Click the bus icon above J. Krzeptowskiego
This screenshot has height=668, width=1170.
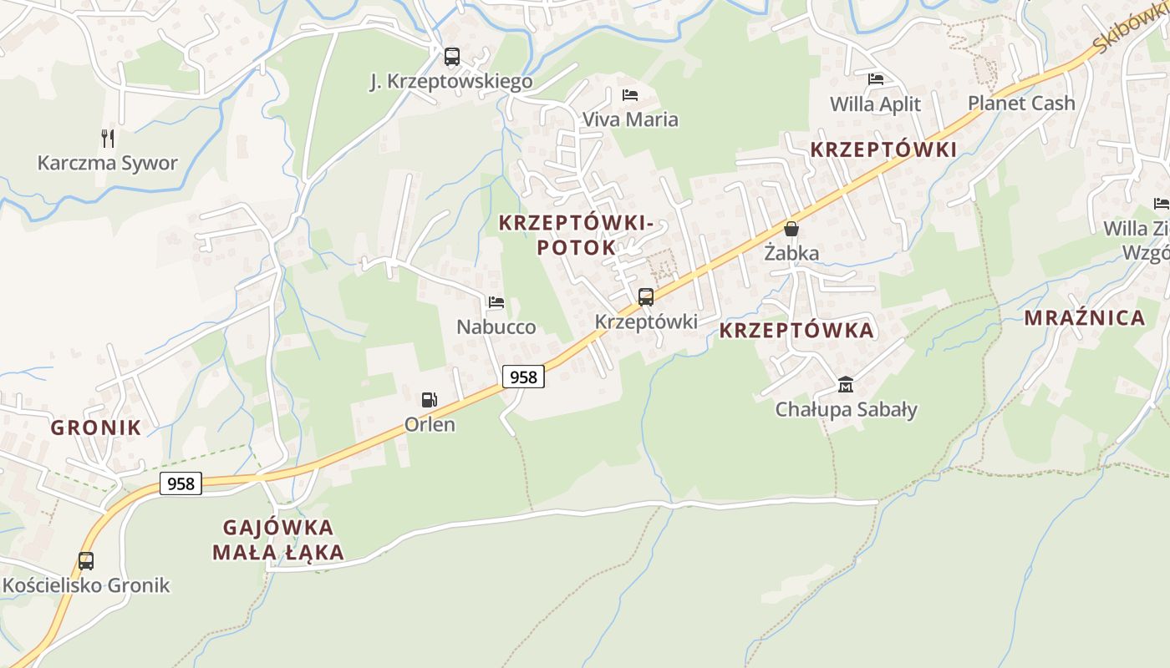(451, 57)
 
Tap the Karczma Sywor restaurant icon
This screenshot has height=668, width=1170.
(108, 138)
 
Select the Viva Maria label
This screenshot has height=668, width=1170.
(630, 119)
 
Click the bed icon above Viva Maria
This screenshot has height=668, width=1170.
(630, 95)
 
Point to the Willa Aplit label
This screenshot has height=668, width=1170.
(875, 104)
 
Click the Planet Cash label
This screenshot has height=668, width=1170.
(1021, 104)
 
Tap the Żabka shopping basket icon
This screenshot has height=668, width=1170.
(791, 229)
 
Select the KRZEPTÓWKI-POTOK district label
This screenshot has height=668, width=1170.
(575, 235)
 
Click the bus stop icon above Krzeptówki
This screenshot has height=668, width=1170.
(645, 297)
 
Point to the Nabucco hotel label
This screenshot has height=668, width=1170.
(496, 326)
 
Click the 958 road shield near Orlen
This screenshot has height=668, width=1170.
(523, 377)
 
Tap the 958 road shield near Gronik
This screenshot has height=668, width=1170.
(181, 483)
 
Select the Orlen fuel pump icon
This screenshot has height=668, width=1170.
(429, 400)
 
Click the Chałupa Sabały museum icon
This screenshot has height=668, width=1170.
(846, 385)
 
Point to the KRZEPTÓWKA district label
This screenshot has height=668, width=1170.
(796, 331)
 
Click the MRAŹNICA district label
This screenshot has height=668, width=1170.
(1084, 318)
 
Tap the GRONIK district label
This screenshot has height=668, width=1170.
(96, 428)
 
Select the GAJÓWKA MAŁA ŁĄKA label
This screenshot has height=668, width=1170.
(278, 539)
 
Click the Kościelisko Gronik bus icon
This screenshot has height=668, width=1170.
(85, 561)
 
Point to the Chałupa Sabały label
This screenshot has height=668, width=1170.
(846, 409)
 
